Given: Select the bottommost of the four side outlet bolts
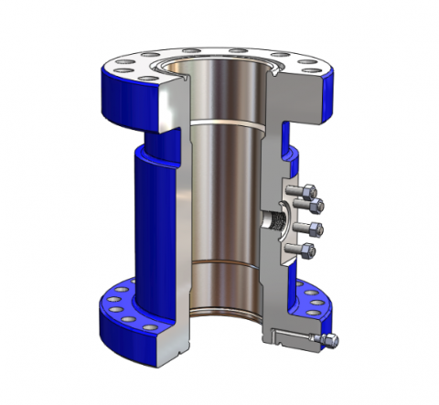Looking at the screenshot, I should pos(311,249).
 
